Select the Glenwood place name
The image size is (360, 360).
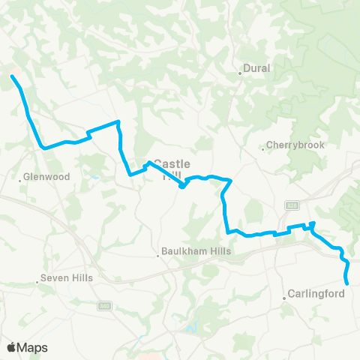[47, 177]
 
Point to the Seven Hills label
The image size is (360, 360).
[67, 278]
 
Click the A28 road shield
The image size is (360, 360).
[292, 204]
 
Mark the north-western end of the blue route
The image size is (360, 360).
[11, 76]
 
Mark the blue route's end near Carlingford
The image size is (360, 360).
[347, 283]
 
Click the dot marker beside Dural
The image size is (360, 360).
[240, 73]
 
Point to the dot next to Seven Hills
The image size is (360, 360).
[37, 283]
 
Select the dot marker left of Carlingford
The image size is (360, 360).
[285, 298]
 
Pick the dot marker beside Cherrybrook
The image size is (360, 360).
[262, 148]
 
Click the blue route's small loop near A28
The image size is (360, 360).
[311, 225]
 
